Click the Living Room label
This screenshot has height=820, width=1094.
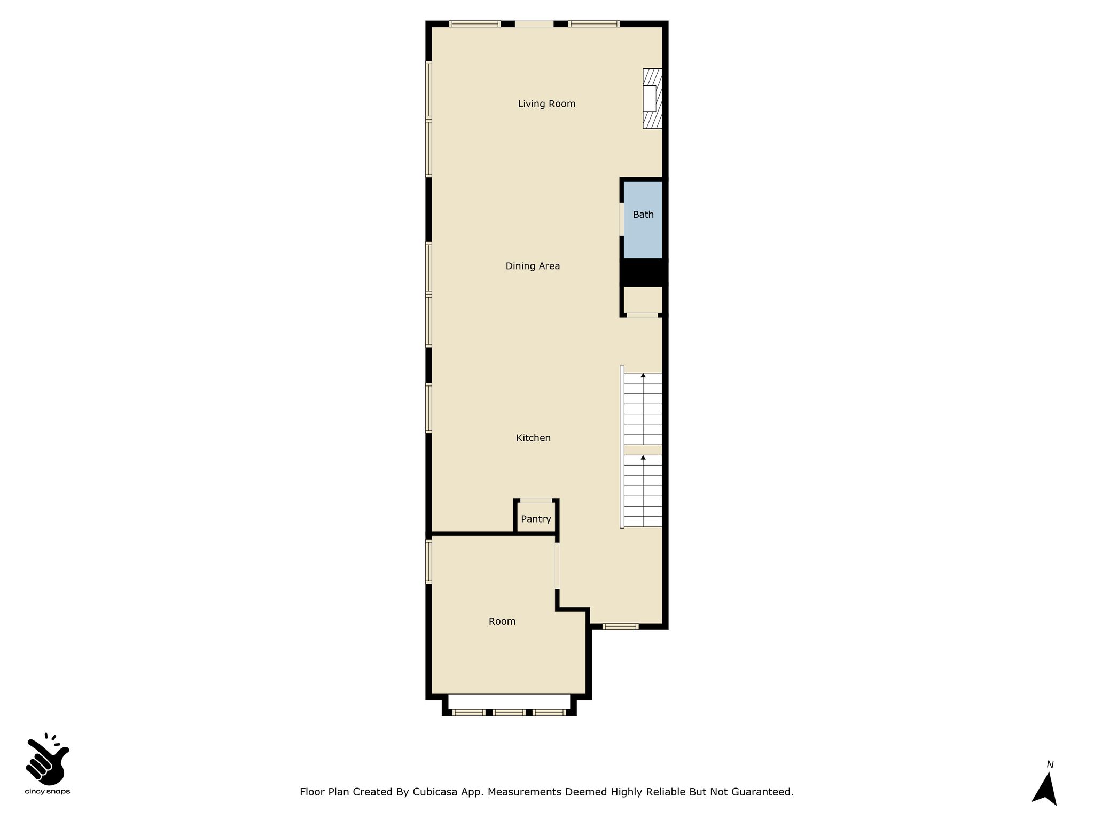point(546,104)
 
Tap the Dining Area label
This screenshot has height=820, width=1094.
point(533,266)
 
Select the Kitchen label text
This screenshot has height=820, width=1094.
point(533,438)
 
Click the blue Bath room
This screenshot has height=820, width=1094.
point(643,220)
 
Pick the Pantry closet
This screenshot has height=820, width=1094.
point(536,517)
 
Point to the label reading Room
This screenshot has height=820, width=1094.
point(502,621)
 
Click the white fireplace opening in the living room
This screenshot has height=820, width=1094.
point(650,98)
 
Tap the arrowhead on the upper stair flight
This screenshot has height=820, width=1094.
point(643,376)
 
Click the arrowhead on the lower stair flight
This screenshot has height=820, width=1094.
point(643,458)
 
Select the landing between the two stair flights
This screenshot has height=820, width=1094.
point(643,450)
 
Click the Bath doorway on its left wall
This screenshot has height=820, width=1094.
point(622,219)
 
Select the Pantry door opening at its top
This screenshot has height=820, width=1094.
point(536,500)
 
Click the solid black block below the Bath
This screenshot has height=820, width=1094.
point(644,272)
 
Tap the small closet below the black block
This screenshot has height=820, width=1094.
point(643,299)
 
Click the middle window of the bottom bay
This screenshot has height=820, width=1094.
point(509,712)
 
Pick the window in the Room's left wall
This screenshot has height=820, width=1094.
point(428,562)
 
